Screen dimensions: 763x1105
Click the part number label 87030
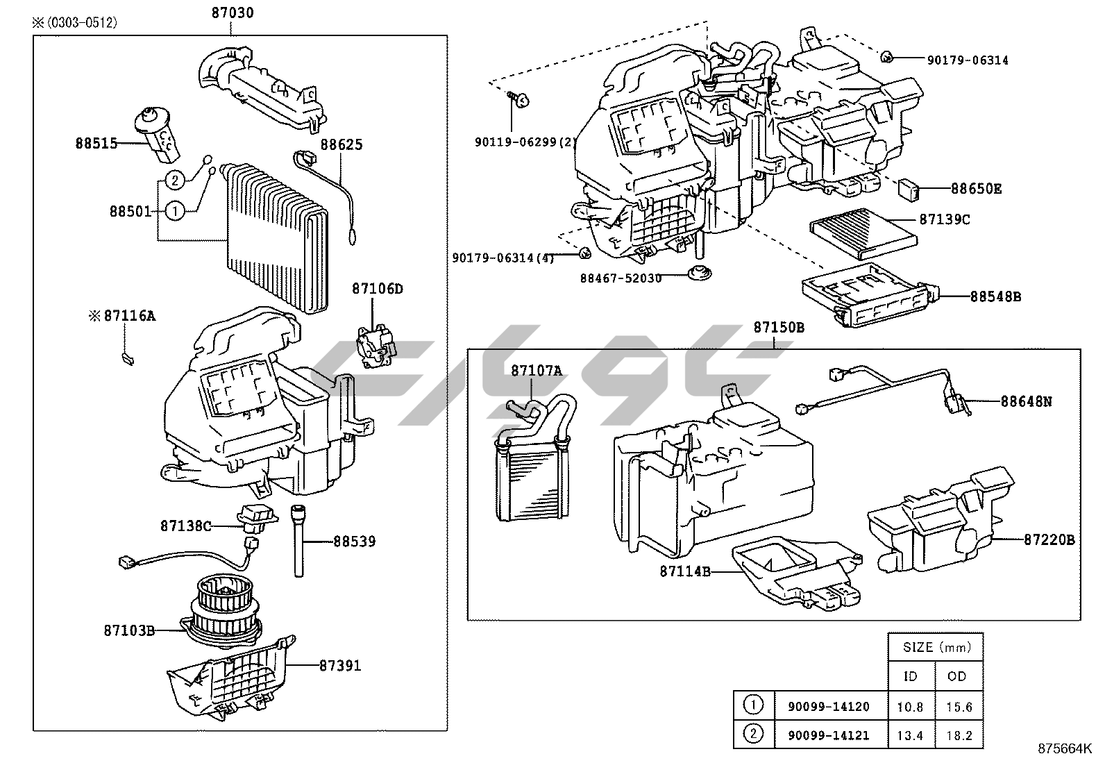tap(232, 12)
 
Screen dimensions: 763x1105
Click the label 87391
tap(340, 666)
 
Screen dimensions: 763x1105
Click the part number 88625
tap(341, 145)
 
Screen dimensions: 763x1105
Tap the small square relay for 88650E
tap(908, 188)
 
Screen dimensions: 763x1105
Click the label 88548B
tap(995, 297)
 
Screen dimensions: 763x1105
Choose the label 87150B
tap(779, 328)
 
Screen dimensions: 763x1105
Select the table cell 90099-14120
tap(828, 707)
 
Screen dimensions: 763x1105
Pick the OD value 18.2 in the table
tap(959, 735)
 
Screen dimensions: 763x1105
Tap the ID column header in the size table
tap(911, 676)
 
